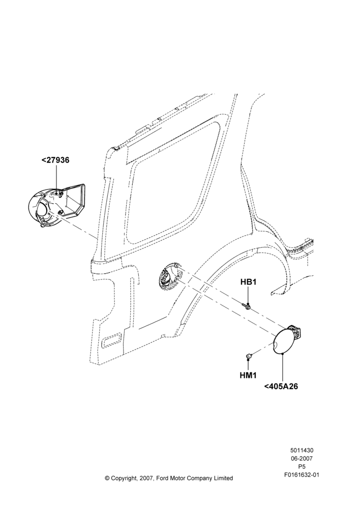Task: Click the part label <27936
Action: [x=55, y=160]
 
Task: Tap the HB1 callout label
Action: [x=249, y=282]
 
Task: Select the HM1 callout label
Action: [x=248, y=375]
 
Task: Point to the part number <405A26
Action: [x=281, y=386]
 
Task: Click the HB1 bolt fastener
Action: [x=247, y=305]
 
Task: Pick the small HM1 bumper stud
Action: [x=249, y=357]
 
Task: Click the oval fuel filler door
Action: [x=283, y=341]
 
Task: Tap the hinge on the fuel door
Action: [x=297, y=330]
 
